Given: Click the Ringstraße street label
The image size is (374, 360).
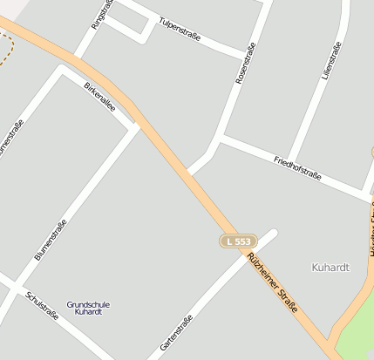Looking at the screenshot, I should pyautogui.click(x=103, y=13).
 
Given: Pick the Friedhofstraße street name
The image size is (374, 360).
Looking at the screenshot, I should pyautogui.click(x=297, y=168).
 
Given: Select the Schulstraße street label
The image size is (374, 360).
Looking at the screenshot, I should pyautogui.click(x=43, y=305).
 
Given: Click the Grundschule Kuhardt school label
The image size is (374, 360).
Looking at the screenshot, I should pyautogui.click(x=88, y=307).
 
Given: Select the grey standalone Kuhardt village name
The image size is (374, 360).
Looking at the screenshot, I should pyautogui.click(x=330, y=267).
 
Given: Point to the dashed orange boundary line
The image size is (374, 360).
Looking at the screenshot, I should pyautogui.click(x=8, y=52).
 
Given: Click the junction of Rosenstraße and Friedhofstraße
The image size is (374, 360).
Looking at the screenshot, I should pyautogui.click(x=221, y=139).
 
